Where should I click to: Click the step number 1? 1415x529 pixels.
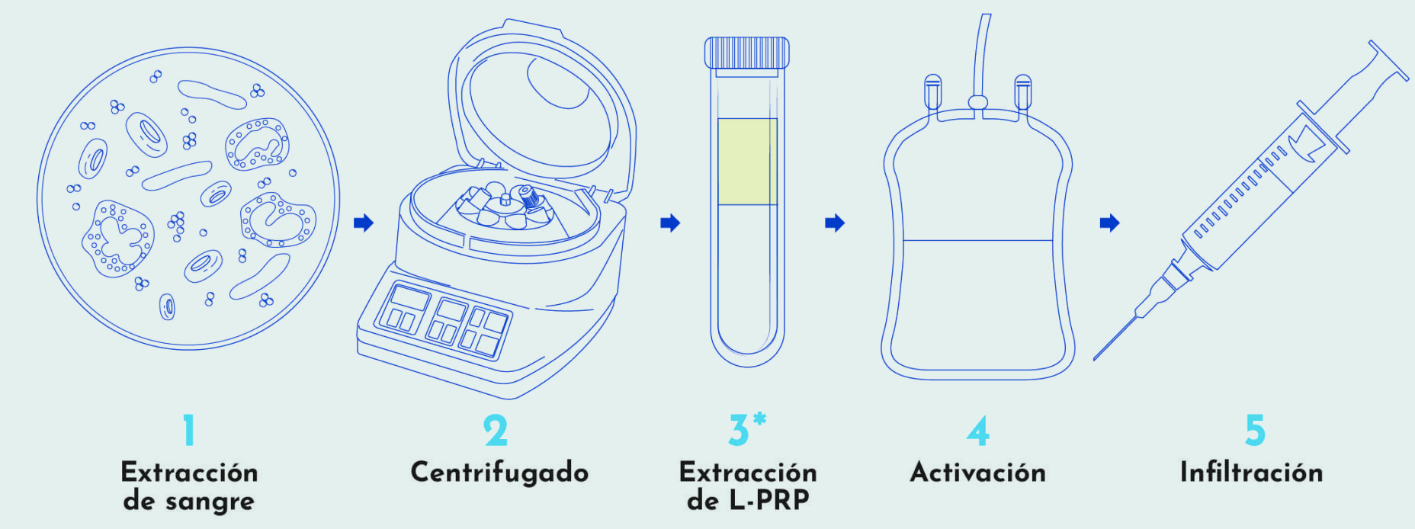(189, 430)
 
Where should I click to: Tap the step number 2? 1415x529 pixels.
(496, 430)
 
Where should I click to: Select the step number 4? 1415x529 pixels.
(977, 430)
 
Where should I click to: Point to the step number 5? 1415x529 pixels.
(1255, 430)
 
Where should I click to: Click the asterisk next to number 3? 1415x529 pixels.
(759, 419)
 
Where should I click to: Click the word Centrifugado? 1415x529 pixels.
(499, 473)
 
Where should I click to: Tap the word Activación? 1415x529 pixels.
(978, 472)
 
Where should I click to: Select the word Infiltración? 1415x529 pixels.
(1251, 472)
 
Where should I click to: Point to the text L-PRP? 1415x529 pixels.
(769, 500)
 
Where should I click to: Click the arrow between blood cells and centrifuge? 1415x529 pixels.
(364, 223)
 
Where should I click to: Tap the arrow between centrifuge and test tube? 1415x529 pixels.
(670, 223)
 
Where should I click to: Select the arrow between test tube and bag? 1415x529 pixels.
(835, 223)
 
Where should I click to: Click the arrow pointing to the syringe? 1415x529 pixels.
(1109, 223)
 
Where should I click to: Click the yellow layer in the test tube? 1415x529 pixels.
(747, 161)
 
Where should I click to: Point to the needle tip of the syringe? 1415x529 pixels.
(1096, 358)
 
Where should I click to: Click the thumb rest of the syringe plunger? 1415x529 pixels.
(1388, 60)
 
